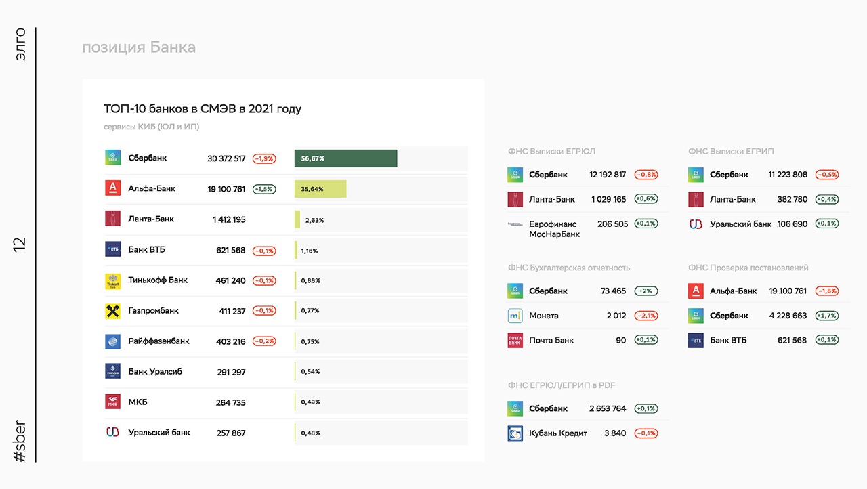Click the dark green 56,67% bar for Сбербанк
345,158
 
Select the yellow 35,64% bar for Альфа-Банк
320,189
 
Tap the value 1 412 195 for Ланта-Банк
229,219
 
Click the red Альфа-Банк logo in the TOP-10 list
112,188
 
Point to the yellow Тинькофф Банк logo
112,281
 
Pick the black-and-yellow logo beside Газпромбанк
112,311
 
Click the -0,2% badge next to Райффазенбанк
264,341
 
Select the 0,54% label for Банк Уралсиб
310,371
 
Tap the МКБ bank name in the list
138,402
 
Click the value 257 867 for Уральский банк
231,433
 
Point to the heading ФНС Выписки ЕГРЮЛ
551,151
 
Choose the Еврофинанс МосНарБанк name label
554,229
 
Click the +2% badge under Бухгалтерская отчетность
646,291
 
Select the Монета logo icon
515,316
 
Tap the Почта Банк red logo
515,341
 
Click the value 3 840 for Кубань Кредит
615,433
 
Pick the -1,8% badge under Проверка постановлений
827,291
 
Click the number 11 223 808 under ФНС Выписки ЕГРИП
788,175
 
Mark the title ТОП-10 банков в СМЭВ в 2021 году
203,109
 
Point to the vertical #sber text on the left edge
20,441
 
